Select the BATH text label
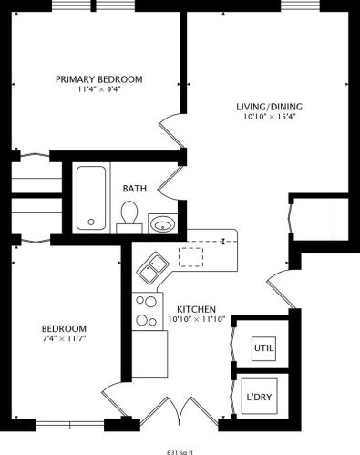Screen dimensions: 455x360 click(x=135, y=189)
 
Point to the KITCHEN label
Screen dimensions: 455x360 click(x=195, y=308)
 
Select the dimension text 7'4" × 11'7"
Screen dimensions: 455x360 click(x=64, y=339)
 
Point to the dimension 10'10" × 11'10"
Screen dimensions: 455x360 click(x=195, y=319)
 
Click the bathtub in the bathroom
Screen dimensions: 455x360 click(x=89, y=198)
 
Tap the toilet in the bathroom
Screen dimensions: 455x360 click(x=129, y=215)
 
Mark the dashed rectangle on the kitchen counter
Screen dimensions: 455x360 click(x=192, y=255)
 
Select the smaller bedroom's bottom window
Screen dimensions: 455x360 click(x=69, y=424)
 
